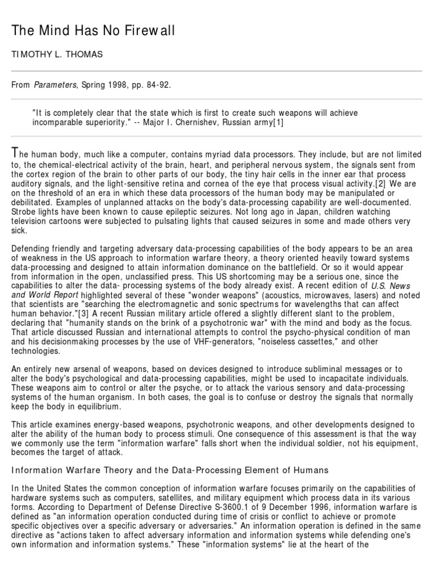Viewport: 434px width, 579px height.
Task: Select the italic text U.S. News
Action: pos(390,286)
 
